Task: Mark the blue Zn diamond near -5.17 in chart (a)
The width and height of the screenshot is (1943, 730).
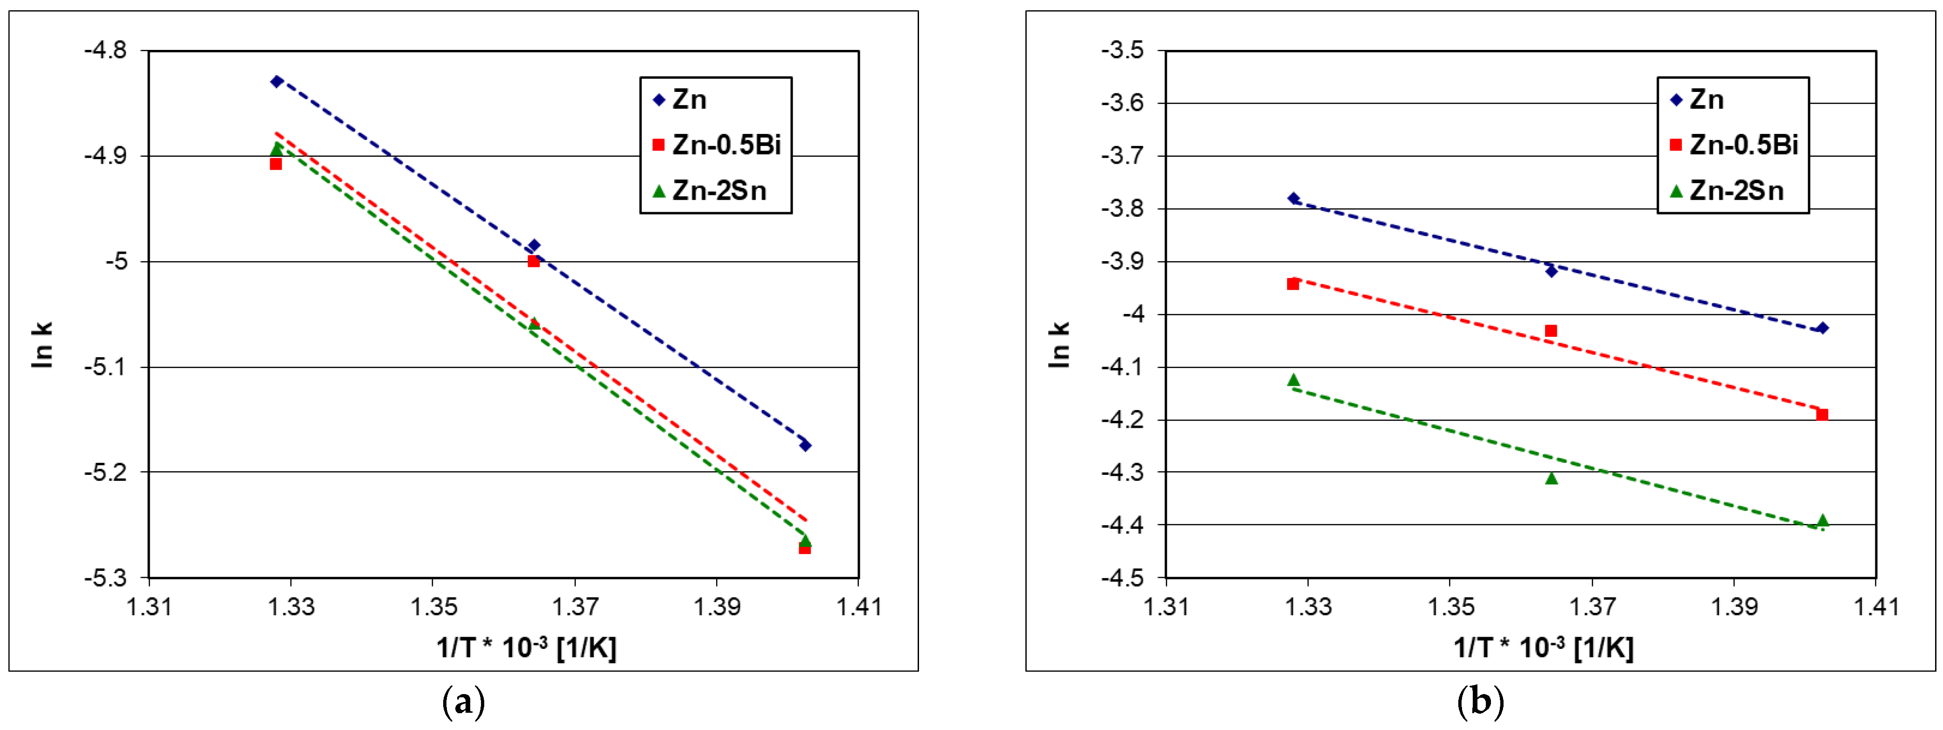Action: pos(805,445)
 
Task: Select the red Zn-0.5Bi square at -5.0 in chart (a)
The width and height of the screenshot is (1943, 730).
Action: pos(533,261)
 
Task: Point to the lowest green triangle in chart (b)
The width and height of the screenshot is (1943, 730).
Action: pos(1822,521)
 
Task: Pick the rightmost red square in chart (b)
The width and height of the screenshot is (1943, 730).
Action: pos(1822,414)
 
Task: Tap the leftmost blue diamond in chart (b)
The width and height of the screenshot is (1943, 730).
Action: pos(1294,198)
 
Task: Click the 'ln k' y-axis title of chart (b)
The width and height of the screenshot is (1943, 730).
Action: pos(1059,345)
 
